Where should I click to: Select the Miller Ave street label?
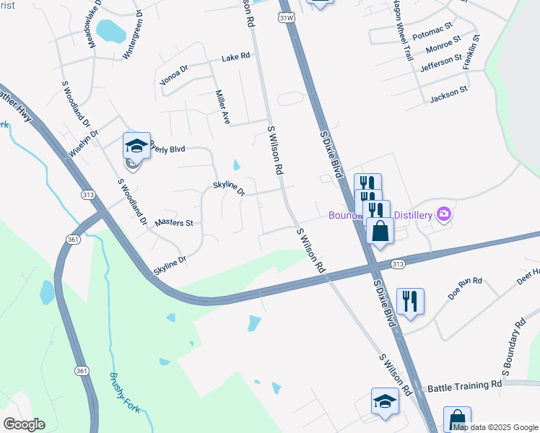point(222,107)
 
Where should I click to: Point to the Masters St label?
point(174,223)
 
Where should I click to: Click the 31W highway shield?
point(284,17)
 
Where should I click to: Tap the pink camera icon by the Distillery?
point(443,214)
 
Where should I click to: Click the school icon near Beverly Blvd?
point(136,146)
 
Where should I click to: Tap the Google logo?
point(24,424)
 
